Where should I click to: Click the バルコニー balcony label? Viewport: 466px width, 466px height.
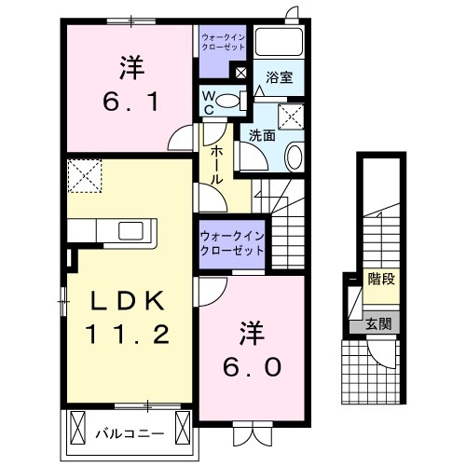(130, 433)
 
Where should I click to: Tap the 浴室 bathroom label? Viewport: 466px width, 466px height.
(278, 78)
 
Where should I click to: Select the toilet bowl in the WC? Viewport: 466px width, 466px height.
(235, 102)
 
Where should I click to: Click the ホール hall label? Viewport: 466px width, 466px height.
(215, 164)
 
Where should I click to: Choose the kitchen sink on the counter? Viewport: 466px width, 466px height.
(129, 230)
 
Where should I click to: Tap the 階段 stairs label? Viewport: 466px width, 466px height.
(380, 280)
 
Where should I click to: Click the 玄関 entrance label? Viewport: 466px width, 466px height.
(379, 325)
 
